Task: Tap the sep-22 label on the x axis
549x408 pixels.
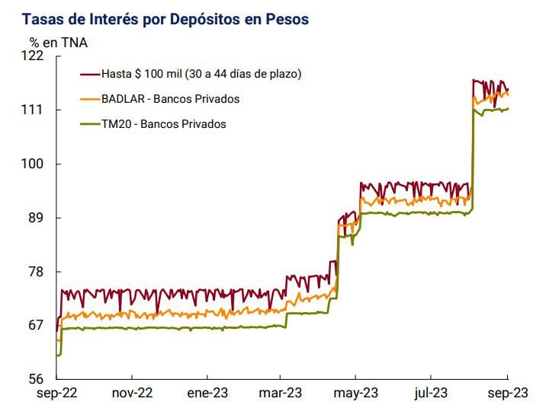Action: click(x=58, y=394)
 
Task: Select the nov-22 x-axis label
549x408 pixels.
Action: click(x=133, y=394)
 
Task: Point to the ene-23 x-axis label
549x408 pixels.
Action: click(x=207, y=394)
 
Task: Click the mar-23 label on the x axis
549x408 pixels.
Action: click(x=281, y=394)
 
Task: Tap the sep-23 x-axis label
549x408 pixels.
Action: click(x=507, y=394)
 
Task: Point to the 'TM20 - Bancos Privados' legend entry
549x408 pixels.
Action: click(x=164, y=124)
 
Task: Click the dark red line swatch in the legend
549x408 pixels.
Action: click(x=90, y=74)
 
